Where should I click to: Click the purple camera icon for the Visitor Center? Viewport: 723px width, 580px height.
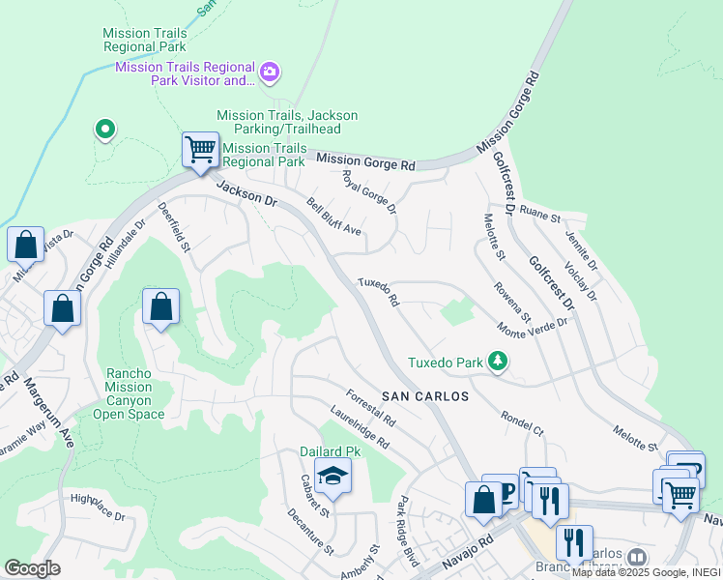click(x=270, y=72)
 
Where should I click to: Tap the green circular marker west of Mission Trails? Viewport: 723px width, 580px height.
click(x=104, y=129)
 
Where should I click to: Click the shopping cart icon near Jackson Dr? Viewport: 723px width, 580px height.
click(x=200, y=151)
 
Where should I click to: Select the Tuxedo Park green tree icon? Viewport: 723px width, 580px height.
click(x=498, y=361)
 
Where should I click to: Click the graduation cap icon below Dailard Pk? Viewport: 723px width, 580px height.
click(x=333, y=477)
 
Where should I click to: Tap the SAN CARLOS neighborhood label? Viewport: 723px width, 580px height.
click(x=424, y=396)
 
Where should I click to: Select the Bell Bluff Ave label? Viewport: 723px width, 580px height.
click(x=333, y=217)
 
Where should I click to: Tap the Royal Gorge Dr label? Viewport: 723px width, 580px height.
click(x=370, y=192)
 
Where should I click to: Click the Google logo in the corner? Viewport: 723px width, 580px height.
click(x=32, y=567)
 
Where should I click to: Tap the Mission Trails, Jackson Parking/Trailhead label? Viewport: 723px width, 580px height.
click(x=287, y=123)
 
